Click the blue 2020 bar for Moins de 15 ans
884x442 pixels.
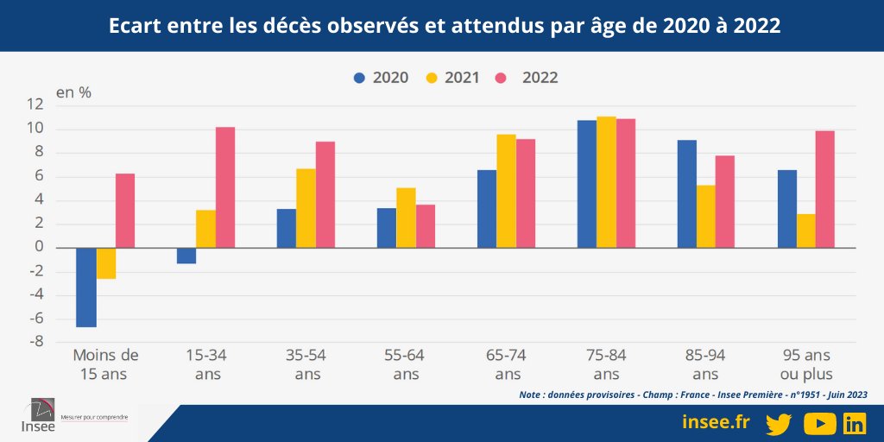click(x=86, y=287)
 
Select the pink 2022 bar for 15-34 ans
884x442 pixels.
click(x=225, y=187)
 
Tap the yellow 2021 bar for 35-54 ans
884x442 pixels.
click(x=306, y=208)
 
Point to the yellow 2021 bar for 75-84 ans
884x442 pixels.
click(x=606, y=182)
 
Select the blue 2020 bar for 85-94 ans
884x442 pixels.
click(x=687, y=193)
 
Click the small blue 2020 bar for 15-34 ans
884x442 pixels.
click(x=186, y=256)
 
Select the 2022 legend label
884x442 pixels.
click(x=540, y=78)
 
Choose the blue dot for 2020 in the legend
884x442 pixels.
click(x=360, y=78)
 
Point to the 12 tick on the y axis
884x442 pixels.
click(x=60, y=105)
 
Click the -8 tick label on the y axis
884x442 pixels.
click(x=60, y=342)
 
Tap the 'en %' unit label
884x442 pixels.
click(x=73, y=92)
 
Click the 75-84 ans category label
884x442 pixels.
click(x=606, y=364)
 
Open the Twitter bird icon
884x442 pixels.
click(x=778, y=423)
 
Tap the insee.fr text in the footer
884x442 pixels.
click(x=716, y=422)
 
